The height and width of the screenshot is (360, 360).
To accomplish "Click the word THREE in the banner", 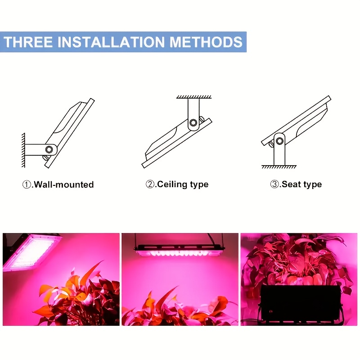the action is pos(28,42).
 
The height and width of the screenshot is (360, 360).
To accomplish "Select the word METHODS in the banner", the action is pos(206,42).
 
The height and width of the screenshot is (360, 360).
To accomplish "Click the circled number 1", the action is pos(27,184).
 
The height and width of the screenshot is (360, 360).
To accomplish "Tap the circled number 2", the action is pos(150,184).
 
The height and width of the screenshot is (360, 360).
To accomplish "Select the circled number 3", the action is pos(274,184).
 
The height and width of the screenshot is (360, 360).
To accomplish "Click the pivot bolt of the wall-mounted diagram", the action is pos(49,149).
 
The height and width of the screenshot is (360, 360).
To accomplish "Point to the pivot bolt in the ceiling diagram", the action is pos(193,122).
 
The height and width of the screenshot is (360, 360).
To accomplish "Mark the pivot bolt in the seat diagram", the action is pos(279,141).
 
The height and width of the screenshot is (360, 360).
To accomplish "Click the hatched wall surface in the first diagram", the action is pos(23,150).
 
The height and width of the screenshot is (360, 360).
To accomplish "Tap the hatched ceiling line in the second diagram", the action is pos(194,97).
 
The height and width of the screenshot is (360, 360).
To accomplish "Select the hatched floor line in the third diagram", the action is pos(279,166).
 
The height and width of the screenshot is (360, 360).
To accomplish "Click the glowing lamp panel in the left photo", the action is pos(32,252).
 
